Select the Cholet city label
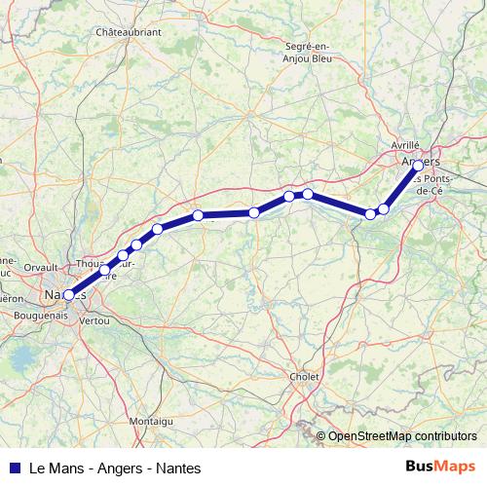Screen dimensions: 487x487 click(305, 376)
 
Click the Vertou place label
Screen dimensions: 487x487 click(94, 319)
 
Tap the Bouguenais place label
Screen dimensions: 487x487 click(42, 315)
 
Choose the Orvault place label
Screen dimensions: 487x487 click(41, 265)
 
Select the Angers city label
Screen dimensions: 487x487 click(421, 161)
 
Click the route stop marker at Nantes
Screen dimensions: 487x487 click(68, 294)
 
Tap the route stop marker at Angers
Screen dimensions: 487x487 click(419, 166)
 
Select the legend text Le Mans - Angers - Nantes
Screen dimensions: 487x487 click(115, 468)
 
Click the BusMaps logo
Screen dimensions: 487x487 click(440, 467)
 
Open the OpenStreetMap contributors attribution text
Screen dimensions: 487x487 click(402, 436)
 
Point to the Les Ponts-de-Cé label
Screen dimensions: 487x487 click(431, 185)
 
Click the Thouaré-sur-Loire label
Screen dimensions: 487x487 click(102, 269)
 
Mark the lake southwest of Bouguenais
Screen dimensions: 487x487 click(19, 361)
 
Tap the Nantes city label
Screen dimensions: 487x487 click(58, 294)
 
